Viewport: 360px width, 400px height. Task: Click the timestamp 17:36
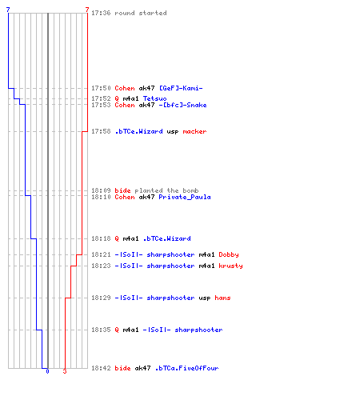(101, 13)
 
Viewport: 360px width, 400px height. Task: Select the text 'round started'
(141, 13)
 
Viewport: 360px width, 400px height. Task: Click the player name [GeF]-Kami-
(181, 88)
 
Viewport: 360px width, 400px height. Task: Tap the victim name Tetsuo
(154, 98)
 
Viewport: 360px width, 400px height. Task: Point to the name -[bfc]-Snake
(182, 105)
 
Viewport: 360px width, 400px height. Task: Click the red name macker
(194, 131)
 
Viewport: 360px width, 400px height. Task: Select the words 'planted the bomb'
(166, 190)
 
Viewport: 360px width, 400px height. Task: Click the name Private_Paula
(185, 197)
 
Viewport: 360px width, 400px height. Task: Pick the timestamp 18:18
(101, 238)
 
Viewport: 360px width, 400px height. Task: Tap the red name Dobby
(229, 254)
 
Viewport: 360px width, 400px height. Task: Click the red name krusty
(230, 266)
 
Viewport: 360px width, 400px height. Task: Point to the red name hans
(222, 298)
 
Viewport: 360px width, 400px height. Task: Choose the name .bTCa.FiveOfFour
(186, 368)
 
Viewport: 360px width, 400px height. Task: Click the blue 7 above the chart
(8, 10)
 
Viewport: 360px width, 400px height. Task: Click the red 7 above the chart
(87, 10)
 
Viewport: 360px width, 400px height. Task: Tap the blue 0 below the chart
(47, 371)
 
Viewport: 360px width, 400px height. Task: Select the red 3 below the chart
(65, 371)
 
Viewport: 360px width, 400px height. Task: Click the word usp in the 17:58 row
(173, 132)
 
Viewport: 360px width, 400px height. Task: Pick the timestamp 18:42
(101, 368)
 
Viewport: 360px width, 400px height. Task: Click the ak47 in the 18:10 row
(146, 197)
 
